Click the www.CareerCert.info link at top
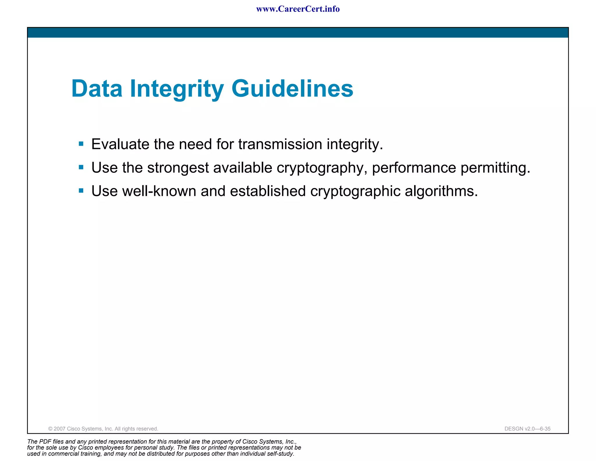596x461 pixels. (x=298, y=9)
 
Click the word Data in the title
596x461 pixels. (x=97, y=89)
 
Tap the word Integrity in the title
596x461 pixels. (x=177, y=89)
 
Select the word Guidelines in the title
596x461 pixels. (x=292, y=89)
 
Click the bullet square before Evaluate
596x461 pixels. (x=81, y=144)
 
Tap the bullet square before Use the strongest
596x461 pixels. (x=81, y=167)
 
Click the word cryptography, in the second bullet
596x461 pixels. (x=322, y=168)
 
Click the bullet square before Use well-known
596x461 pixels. (x=81, y=191)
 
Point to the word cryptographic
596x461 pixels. (x=355, y=191)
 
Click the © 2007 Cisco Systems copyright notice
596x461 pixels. (x=103, y=429)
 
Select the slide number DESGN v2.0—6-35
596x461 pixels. (x=527, y=429)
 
